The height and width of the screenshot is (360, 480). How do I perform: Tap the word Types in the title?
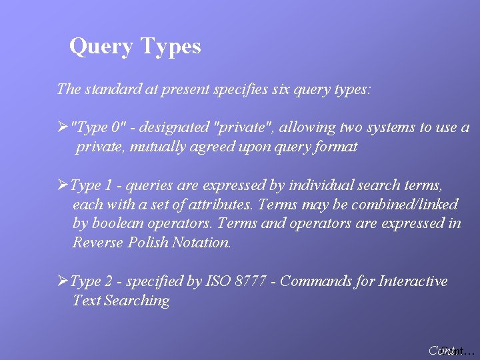(x=171, y=47)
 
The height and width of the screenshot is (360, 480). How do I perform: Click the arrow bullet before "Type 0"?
(x=63, y=127)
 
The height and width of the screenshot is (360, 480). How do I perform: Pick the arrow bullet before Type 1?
(x=63, y=185)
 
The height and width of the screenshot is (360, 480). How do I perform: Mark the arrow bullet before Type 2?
(x=63, y=281)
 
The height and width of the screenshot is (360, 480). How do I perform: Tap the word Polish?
(x=147, y=243)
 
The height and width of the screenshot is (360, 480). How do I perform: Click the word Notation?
(x=201, y=243)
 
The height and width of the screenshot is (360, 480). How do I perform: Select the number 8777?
(x=252, y=281)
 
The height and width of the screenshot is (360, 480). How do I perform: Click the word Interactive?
(x=413, y=281)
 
